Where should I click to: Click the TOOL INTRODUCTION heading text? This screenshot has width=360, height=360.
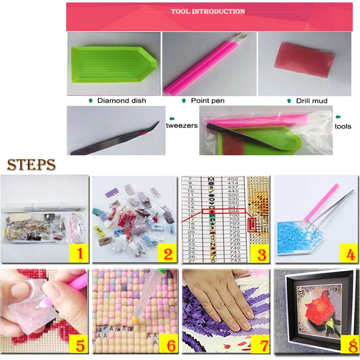click(x=208, y=11)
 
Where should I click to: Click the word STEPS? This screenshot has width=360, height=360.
click(x=31, y=164)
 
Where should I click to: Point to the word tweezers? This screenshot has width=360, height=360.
click(x=183, y=126)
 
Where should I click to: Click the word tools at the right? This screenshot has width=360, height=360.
click(x=343, y=126)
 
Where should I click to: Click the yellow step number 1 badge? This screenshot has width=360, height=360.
click(x=80, y=254)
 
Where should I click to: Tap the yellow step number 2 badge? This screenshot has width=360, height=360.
click(x=168, y=254)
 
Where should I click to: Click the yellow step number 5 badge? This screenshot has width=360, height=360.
click(x=80, y=346)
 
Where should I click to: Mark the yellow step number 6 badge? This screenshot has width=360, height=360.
click(x=168, y=346)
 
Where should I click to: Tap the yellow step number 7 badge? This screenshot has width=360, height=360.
click(x=260, y=346)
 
